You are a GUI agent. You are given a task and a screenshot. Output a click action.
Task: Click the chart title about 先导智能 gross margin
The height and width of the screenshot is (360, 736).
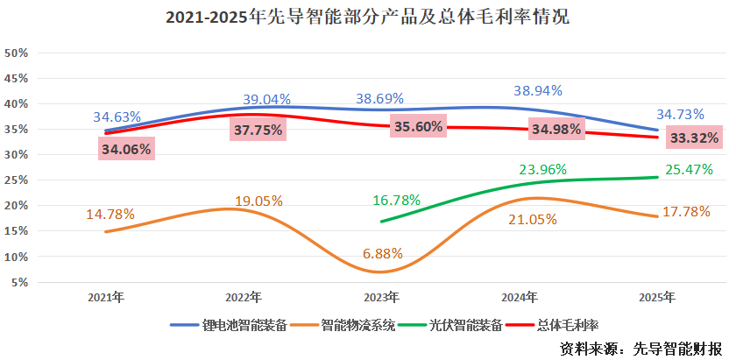[x=368, y=17]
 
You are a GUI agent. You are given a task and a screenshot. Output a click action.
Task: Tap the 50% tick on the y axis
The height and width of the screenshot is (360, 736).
[x=18, y=53]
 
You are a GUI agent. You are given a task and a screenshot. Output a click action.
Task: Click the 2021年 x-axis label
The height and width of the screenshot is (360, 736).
[x=106, y=298]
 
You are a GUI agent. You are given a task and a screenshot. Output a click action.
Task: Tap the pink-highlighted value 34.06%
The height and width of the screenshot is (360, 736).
[x=127, y=150]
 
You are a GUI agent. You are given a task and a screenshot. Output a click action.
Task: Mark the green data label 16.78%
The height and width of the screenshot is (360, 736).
[x=396, y=200]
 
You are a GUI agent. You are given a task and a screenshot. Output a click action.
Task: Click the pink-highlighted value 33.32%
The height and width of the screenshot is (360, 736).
[x=694, y=138]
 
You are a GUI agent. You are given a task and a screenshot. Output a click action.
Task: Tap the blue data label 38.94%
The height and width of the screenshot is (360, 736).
[x=537, y=90]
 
